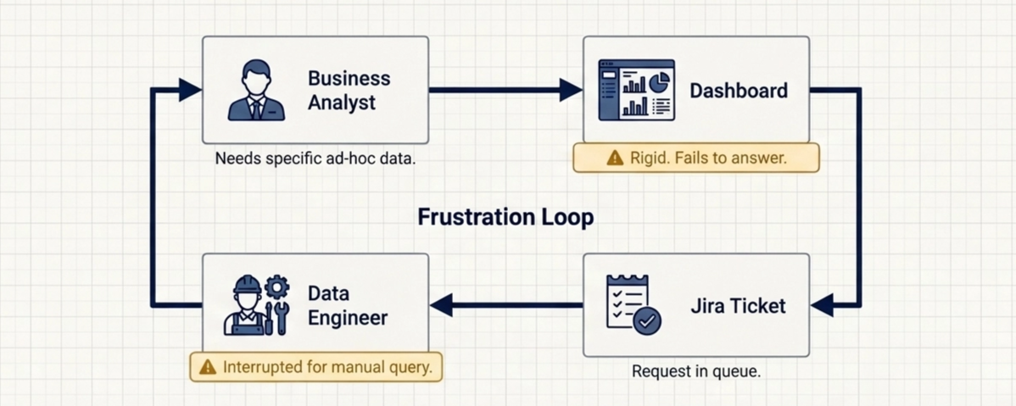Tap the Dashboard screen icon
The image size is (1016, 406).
[636, 90]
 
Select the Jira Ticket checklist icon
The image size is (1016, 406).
[633, 303]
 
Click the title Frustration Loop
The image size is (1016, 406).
[505, 217]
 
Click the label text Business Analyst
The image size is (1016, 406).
[349, 90]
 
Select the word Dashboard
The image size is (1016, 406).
[738, 90]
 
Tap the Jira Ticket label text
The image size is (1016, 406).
[737, 305]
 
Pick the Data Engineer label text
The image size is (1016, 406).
[347, 306]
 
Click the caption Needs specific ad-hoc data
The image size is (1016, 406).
[315, 159]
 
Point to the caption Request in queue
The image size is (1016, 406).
[695, 371]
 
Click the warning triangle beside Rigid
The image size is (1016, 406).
[615, 158]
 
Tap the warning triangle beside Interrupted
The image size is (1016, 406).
[207, 367]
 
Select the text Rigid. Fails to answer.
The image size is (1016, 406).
[708, 158]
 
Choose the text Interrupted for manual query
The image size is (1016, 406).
[327, 367]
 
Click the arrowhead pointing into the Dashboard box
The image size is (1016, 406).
[571, 90]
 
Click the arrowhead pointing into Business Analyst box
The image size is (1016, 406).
[190, 90]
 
